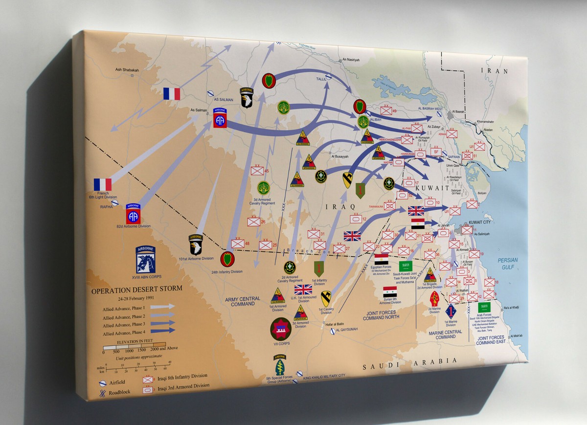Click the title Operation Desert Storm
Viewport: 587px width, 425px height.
pyautogui.click(x=136, y=289)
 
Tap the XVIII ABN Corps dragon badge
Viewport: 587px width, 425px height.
pyautogui.click(x=146, y=259)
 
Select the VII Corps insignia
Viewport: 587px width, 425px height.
pyautogui.click(x=281, y=329)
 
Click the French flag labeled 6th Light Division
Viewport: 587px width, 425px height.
pyautogui.click(x=103, y=184)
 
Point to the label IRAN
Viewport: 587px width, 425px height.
pyautogui.click(x=496, y=70)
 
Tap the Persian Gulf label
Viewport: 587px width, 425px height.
pyautogui.click(x=508, y=264)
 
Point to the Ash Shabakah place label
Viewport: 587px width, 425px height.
pyautogui.click(x=127, y=70)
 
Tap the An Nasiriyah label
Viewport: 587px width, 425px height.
pyautogui.click(x=350, y=60)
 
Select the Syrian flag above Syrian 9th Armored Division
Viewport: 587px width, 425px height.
pyautogui.click(x=390, y=292)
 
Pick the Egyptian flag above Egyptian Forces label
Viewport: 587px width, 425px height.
pyautogui.click(x=382, y=259)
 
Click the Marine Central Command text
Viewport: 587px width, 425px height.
pyautogui.click(x=445, y=335)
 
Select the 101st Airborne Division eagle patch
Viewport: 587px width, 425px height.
pyautogui.click(x=196, y=245)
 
